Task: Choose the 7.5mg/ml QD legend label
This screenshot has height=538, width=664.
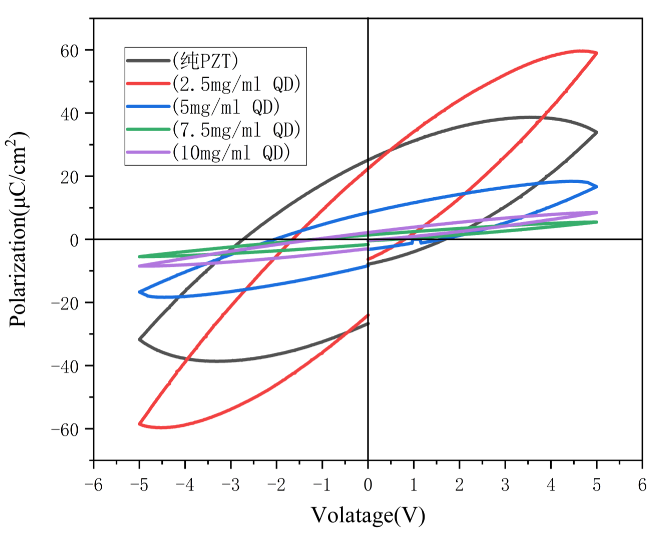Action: click(236, 129)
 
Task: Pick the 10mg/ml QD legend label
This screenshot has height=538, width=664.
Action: click(232, 152)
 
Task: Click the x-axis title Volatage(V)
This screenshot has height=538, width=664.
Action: click(367, 515)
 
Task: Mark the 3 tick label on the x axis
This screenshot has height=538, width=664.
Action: click(505, 482)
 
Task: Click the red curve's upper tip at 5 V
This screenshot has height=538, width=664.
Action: click(596, 53)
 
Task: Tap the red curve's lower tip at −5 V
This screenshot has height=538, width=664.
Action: click(140, 424)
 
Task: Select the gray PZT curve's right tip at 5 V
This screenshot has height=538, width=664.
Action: click(596, 132)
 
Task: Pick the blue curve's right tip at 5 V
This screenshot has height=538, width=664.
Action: click(596, 186)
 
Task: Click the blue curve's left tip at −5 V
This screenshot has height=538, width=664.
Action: click(140, 292)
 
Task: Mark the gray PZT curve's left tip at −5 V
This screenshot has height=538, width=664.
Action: click(140, 340)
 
